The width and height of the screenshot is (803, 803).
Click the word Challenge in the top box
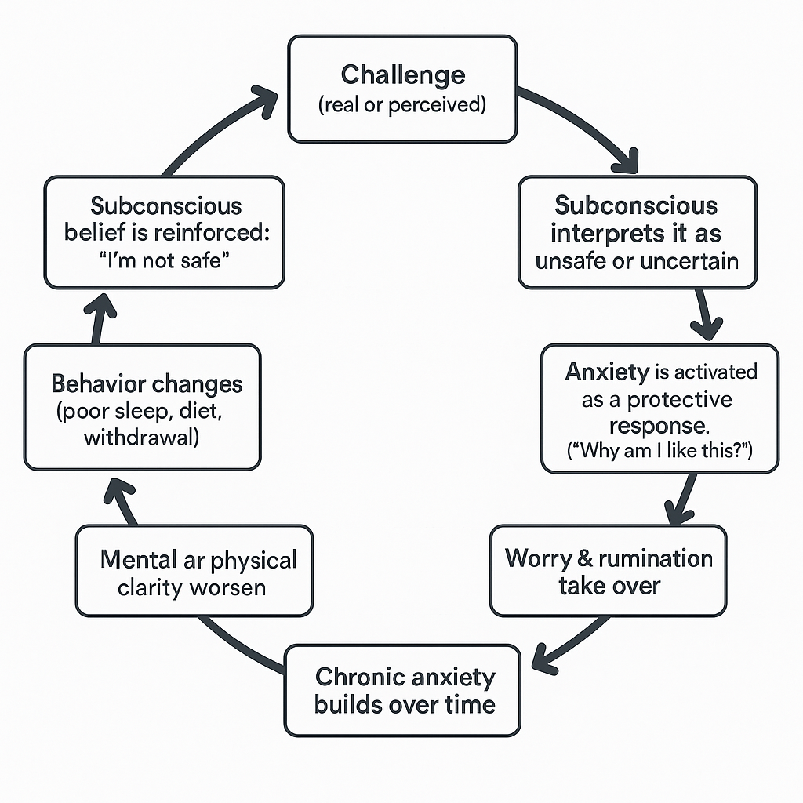click(x=402, y=75)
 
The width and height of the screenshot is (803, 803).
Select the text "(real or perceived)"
click(x=402, y=105)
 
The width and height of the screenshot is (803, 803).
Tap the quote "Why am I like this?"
click(x=660, y=452)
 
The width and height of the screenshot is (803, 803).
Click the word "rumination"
click(x=655, y=558)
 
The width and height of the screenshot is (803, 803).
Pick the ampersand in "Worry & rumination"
click(x=580, y=558)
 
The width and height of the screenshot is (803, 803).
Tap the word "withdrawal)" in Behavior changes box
click(x=141, y=437)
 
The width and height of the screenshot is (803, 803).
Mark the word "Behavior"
click(x=98, y=384)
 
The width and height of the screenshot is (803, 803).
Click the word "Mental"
click(x=138, y=560)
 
